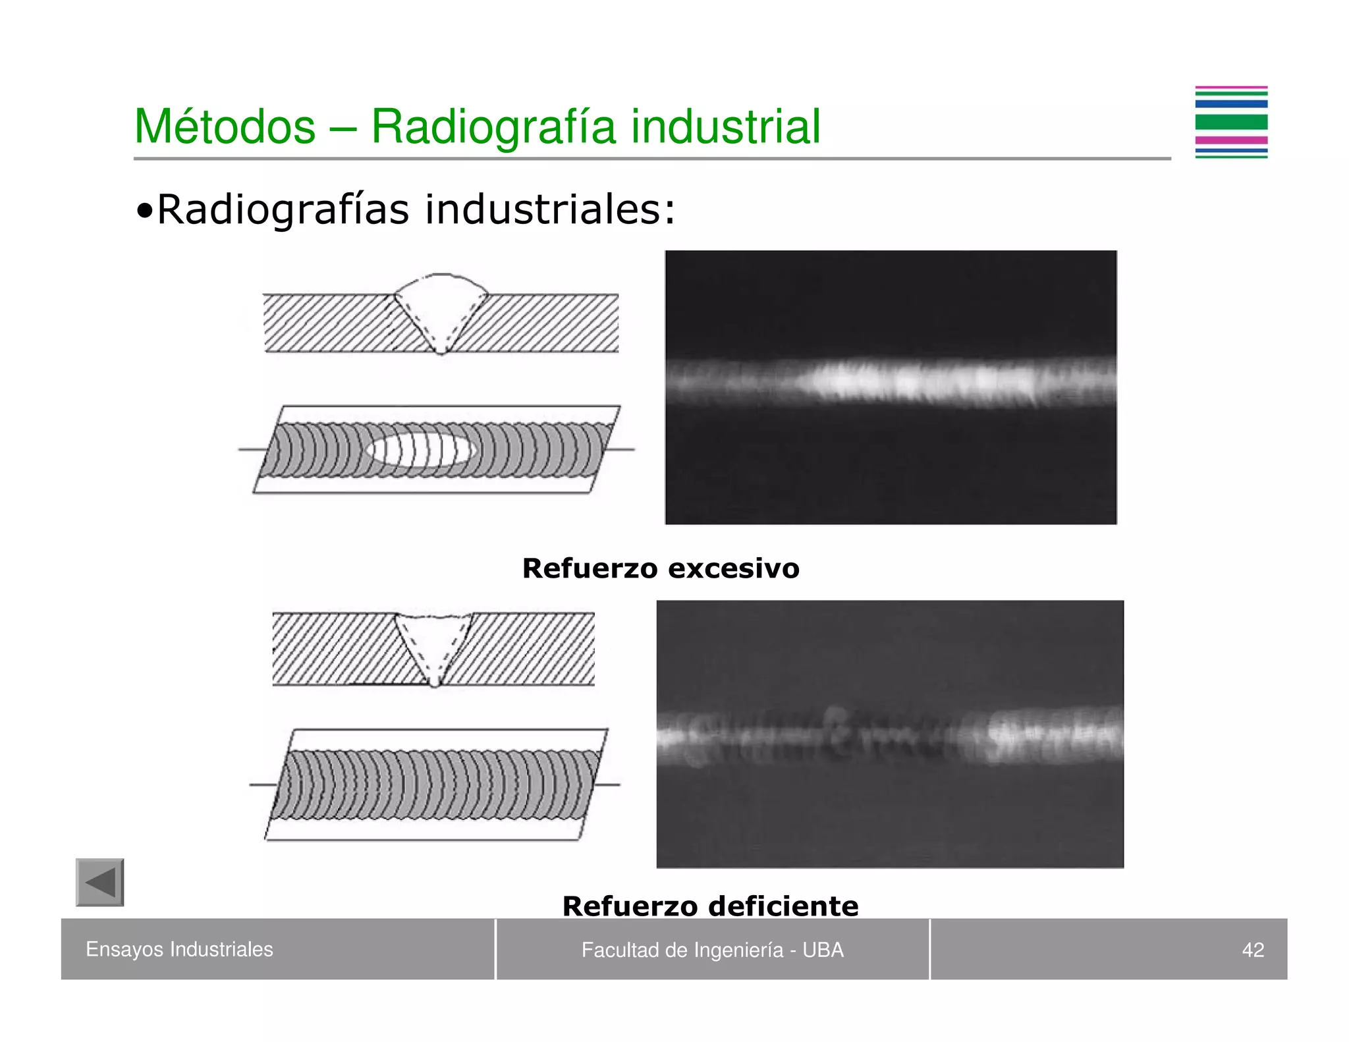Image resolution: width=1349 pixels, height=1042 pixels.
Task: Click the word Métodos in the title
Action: (225, 126)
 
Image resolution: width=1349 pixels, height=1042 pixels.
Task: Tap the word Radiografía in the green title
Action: (493, 126)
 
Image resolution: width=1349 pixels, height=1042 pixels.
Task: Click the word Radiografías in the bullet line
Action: (283, 209)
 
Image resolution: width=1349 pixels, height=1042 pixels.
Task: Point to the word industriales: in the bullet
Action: (550, 209)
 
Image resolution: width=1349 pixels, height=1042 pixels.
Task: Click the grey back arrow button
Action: (100, 882)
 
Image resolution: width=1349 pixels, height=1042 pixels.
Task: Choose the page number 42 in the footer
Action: (1253, 950)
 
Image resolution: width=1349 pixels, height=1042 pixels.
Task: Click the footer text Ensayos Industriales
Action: (179, 949)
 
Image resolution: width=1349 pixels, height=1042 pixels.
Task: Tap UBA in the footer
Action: (823, 950)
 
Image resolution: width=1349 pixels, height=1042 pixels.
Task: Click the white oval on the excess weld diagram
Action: (421, 450)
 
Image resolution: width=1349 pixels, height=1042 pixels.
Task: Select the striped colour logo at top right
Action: (1231, 123)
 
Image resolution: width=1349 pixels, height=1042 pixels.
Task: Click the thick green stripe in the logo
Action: (1231, 122)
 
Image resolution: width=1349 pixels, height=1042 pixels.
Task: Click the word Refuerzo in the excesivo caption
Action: (590, 568)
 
